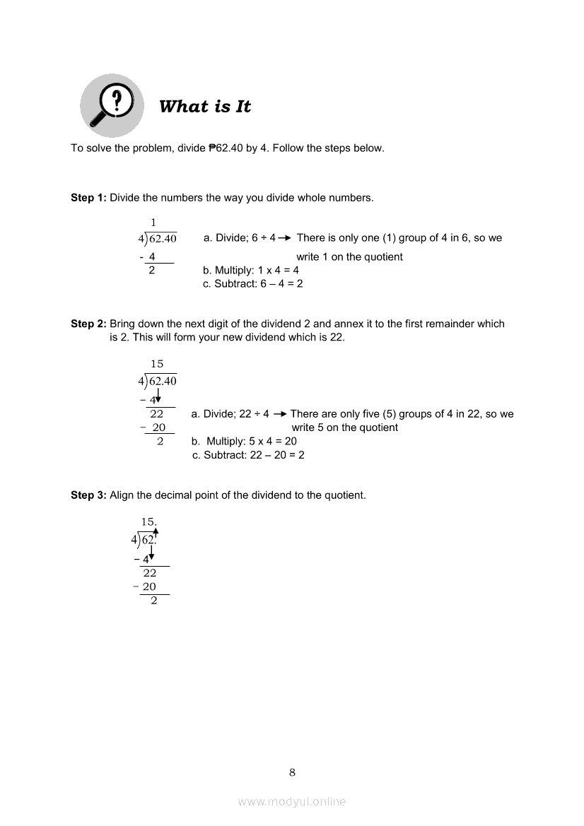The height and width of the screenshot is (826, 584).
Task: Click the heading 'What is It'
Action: pos(205,107)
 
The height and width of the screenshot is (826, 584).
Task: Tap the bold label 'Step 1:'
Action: pos(88,198)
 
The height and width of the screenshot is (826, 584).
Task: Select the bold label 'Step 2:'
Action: pos(88,324)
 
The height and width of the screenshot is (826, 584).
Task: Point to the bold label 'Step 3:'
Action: pos(88,495)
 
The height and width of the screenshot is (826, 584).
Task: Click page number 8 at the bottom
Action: pos(292,772)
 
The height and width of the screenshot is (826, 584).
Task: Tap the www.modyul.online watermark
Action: pos(292,801)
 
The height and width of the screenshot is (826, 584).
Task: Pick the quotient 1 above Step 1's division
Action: pos(153,223)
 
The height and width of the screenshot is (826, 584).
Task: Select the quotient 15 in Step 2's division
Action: pos(157,364)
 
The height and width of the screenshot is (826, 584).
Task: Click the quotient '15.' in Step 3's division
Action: pos(148,522)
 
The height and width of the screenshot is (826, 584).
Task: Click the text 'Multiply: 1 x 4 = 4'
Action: pos(251,270)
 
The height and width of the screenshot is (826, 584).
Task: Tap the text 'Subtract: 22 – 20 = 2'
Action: pos(248,455)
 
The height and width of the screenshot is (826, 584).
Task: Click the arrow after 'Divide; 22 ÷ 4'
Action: pos(279,414)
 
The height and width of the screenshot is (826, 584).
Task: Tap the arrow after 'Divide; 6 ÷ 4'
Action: pos(285,238)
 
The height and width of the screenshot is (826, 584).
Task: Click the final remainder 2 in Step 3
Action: pos(154,601)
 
